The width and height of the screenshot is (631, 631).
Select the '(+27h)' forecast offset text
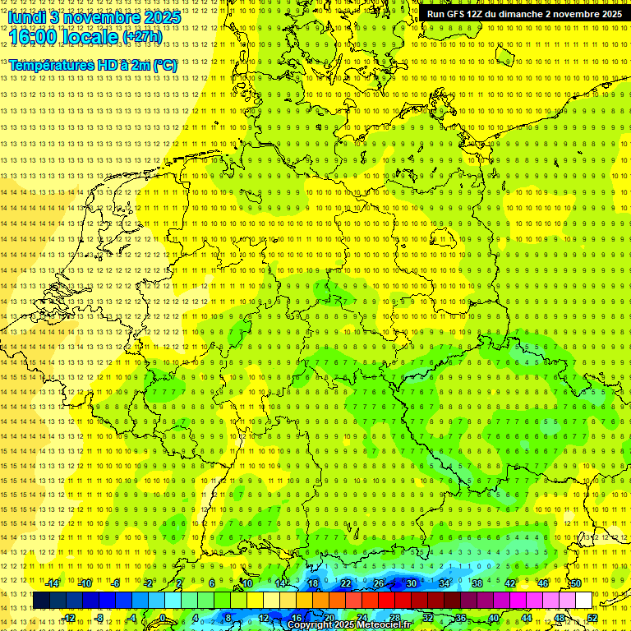click(142, 37)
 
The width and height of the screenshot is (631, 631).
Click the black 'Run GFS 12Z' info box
click(524, 14)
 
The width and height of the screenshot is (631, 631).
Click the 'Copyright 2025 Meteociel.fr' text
click(348, 625)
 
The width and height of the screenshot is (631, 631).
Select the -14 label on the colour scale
click(52, 583)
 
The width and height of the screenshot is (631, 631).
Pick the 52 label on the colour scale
click(592, 618)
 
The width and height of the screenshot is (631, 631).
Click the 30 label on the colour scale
click(412, 583)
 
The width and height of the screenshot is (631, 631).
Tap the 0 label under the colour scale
click(164, 618)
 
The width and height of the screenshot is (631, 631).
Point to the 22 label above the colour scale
click(346, 583)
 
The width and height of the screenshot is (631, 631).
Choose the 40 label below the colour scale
click(493, 618)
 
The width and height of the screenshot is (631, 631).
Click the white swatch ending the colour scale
click(583, 601)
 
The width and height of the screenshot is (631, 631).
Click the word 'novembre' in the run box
click(575, 14)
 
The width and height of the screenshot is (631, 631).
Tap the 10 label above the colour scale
click(246, 583)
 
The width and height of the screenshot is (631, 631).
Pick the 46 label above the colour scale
click(542, 583)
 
